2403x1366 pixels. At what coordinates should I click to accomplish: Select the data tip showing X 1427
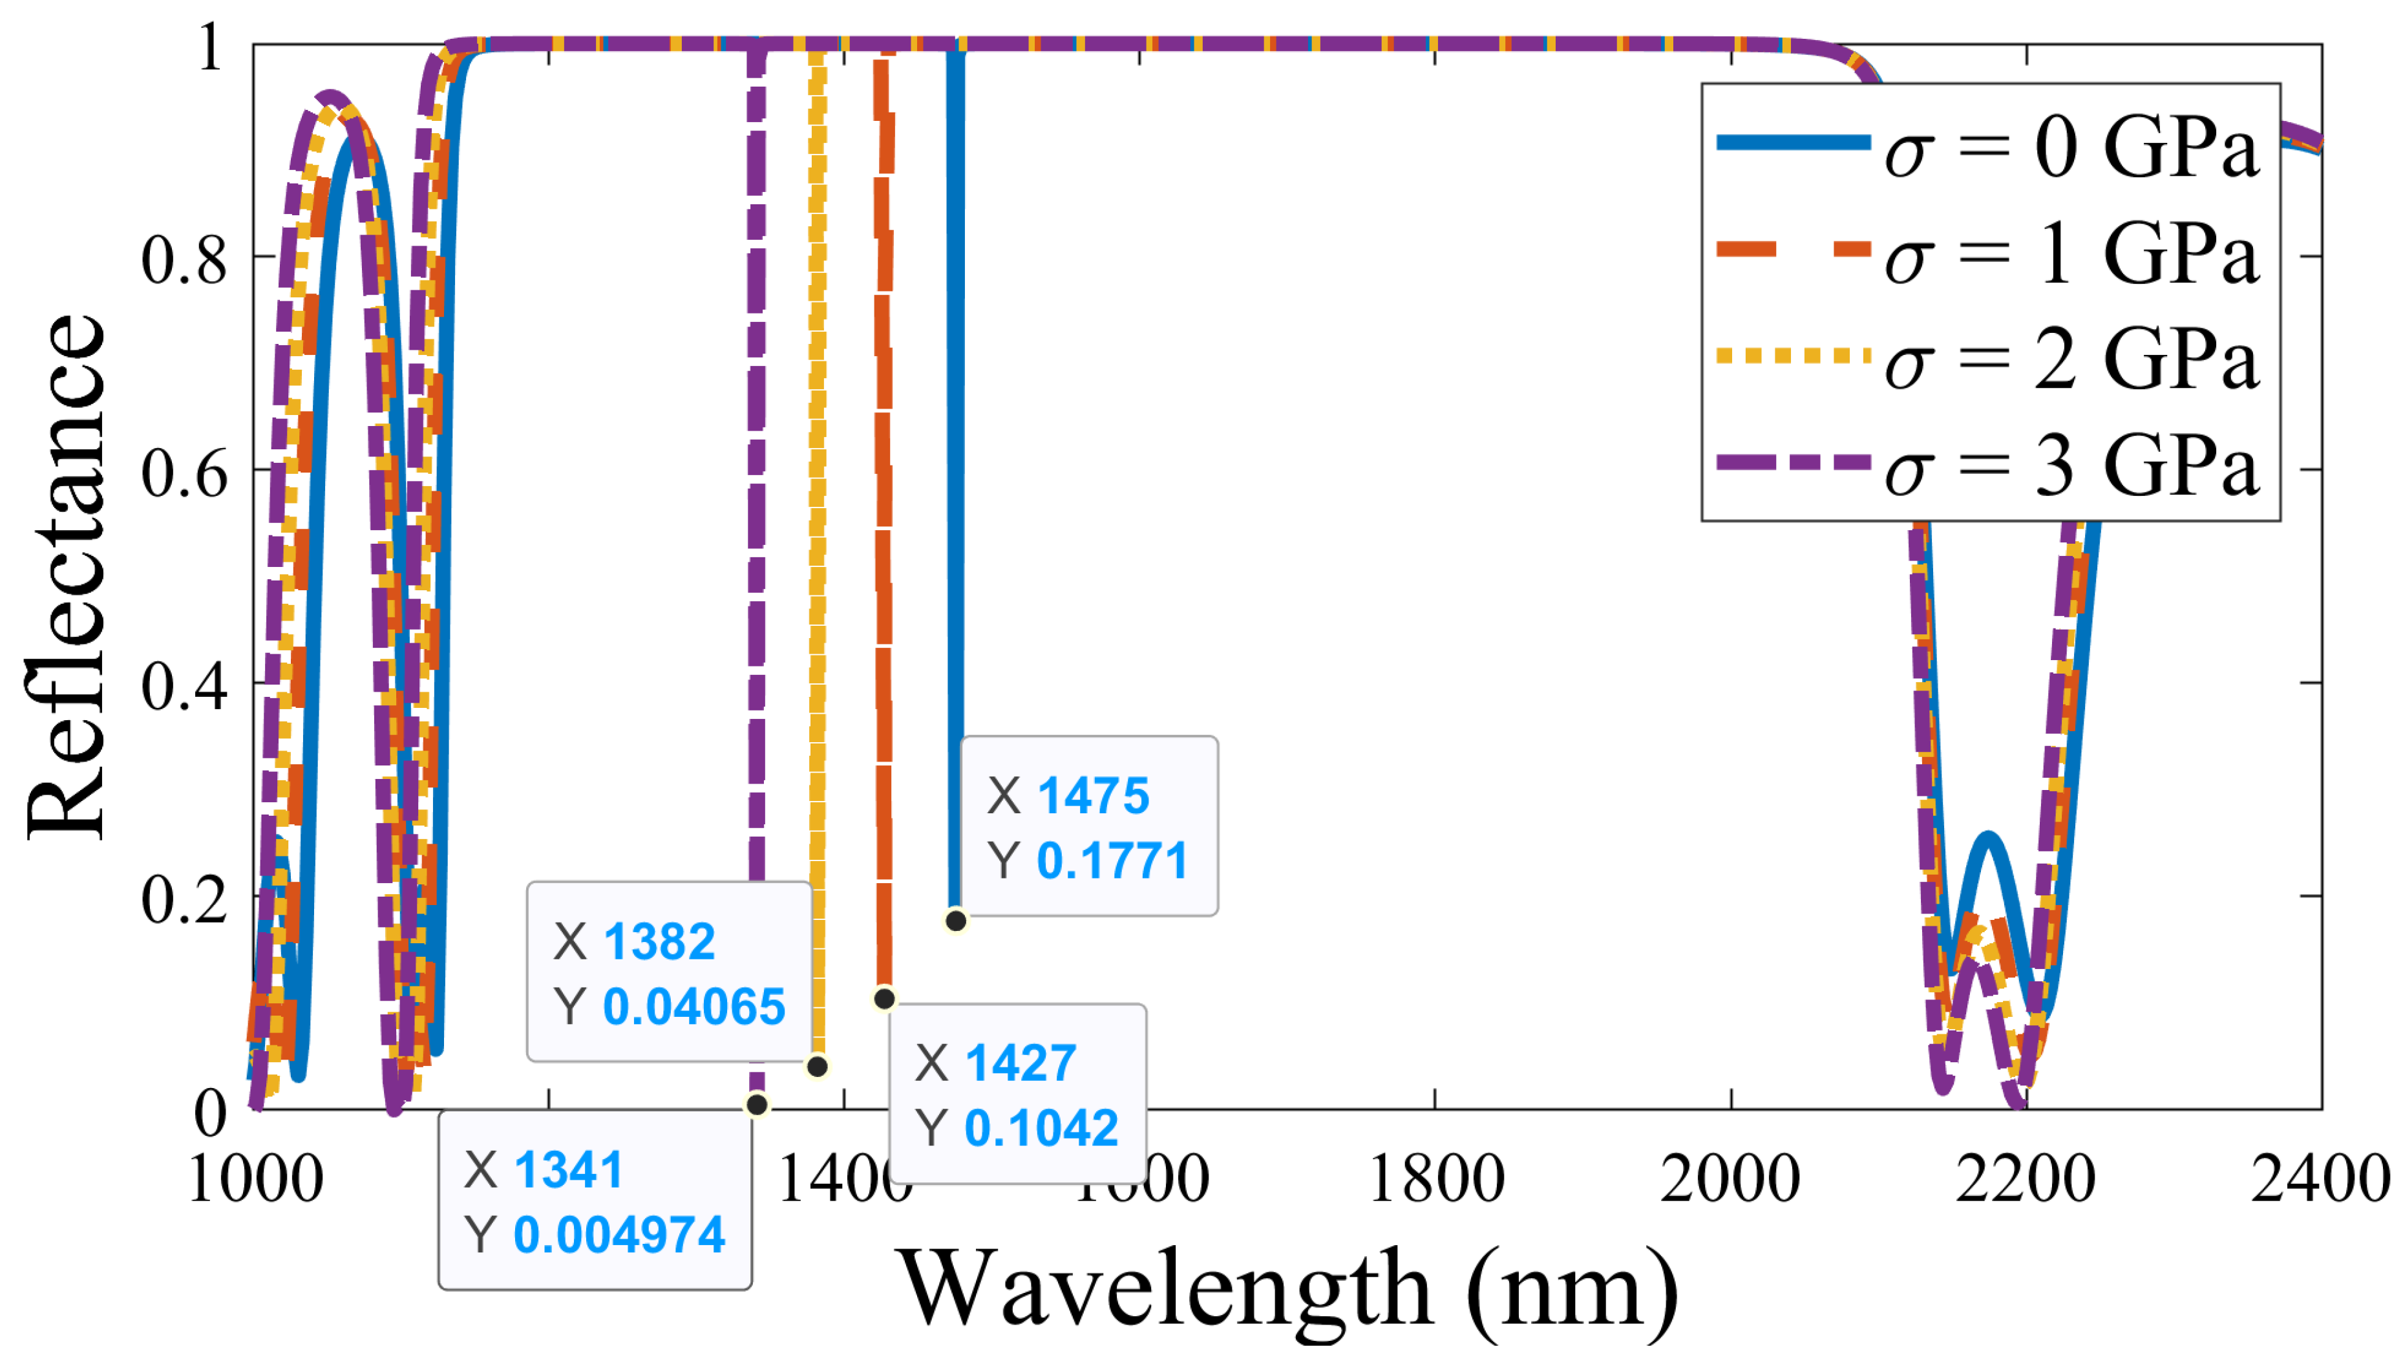[1017, 1093]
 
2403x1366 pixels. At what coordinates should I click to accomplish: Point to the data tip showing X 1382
[669, 972]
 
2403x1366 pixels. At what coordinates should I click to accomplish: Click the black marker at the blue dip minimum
[955, 921]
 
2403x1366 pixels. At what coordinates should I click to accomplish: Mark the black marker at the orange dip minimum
[884, 998]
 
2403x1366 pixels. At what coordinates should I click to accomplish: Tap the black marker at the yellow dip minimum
[817, 1066]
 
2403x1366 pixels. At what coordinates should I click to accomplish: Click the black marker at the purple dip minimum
[757, 1104]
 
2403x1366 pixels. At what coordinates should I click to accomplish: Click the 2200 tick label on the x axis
[2024, 1179]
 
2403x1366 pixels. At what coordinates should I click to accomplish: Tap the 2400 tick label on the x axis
[2320, 1179]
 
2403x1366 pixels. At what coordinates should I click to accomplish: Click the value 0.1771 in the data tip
[1112, 859]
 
